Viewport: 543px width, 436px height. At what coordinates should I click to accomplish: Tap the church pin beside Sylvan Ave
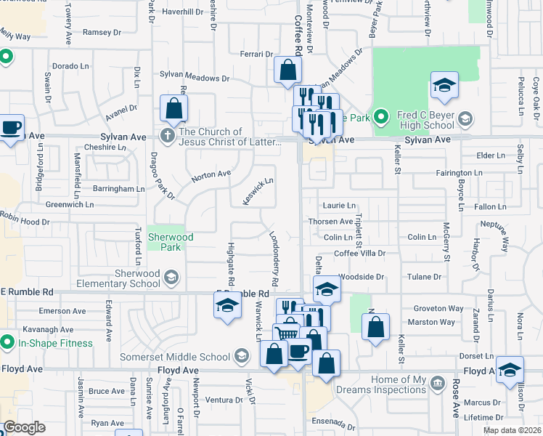pos(168,136)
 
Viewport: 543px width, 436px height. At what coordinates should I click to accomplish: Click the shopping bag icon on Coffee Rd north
pos(287,70)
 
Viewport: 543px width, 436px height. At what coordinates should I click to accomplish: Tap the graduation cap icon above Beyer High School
pos(444,86)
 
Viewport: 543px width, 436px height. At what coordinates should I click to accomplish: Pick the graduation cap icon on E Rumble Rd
pos(227,306)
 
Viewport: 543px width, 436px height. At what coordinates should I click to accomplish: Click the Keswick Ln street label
pos(258,191)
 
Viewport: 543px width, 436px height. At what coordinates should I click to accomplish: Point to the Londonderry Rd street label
pos(274,258)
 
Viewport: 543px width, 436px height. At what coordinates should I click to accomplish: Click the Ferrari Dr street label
pos(256,54)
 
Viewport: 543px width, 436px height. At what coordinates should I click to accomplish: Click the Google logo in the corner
pos(24,428)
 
